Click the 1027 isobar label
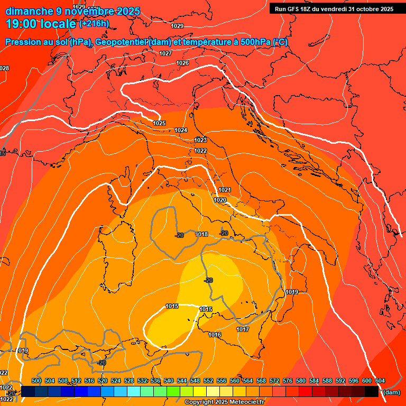coord(165,53)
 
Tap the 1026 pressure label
coord(182,63)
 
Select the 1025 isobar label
coord(159,123)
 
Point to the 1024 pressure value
coord(181,130)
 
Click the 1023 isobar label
coord(200,140)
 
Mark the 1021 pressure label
coord(225,190)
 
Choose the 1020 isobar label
coord(220,200)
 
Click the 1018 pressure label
coord(202,234)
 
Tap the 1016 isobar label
coord(215,335)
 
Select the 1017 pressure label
coord(243,329)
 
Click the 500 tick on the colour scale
coord(36,381)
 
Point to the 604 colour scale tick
coord(380,381)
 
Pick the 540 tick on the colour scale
coord(169,381)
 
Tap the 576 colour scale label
coord(288,381)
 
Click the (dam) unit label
coord(391,392)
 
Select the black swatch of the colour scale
coord(372,391)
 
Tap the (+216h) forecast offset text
coord(94,23)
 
